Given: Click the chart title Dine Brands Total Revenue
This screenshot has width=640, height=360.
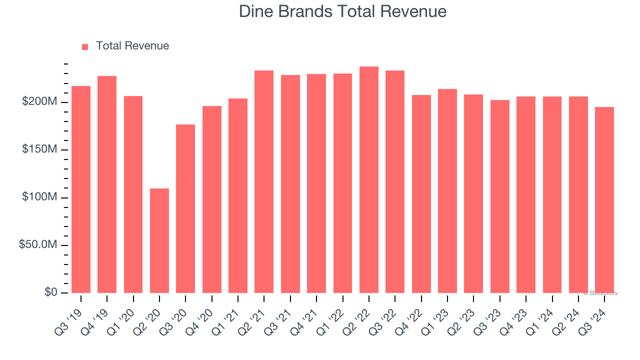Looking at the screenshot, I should pyautogui.click(x=342, y=11).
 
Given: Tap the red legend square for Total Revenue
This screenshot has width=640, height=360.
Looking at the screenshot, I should pyautogui.click(x=85, y=46).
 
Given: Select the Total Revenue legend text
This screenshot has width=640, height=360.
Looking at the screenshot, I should pyautogui.click(x=132, y=46).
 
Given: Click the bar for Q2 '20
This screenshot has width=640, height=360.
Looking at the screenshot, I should pyautogui.click(x=159, y=240).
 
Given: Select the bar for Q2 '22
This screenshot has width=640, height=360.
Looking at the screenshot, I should pyautogui.click(x=369, y=180).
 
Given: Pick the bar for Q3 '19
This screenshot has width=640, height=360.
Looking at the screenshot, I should pyautogui.click(x=81, y=189).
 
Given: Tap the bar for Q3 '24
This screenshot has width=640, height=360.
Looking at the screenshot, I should pyautogui.click(x=604, y=200).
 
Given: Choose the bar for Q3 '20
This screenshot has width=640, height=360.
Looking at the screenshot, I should pyautogui.click(x=185, y=208).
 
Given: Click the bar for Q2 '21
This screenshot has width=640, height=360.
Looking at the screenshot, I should pyautogui.click(x=264, y=181).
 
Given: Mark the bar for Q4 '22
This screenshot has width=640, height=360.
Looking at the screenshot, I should pyautogui.click(x=421, y=194).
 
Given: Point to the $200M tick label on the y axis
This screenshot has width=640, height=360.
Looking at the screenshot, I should pyautogui.click(x=39, y=102).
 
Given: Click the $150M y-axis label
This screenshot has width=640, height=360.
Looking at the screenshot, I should pyautogui.click(x=39, y=150).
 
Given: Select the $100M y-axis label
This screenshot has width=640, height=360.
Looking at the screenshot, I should pyautogui.click(x=39, y=197).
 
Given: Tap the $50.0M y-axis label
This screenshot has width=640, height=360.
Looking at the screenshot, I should pyautogui.click(x=38, y=245).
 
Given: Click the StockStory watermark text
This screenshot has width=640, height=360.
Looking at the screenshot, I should pyautogui.click(x=600, y=293).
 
